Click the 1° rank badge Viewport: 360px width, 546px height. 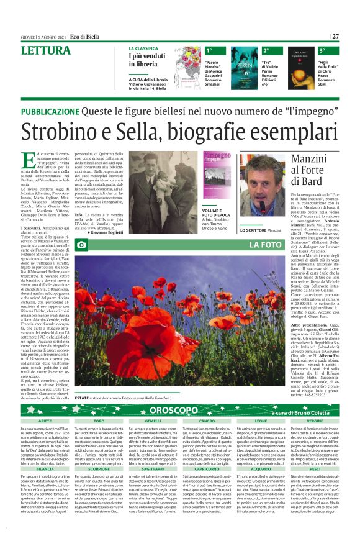coord(209,50)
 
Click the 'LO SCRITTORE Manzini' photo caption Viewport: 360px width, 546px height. coord(257,230)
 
